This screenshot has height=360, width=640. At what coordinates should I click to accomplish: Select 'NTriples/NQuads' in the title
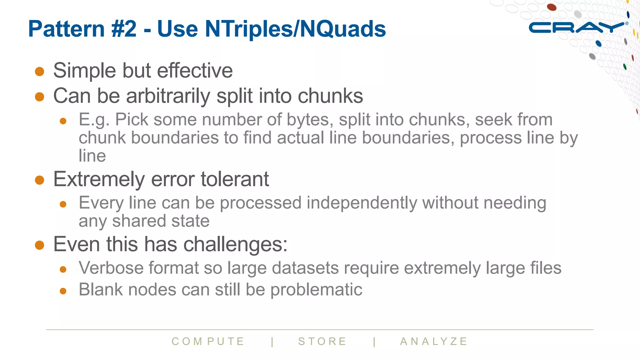[x=295, y=29]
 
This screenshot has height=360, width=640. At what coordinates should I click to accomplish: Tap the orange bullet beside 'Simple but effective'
[x=39, y=71]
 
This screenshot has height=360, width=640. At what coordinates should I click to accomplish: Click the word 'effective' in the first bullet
[x=195, y=71]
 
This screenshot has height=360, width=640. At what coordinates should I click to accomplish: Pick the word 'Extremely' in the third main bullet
[x=99, y=180]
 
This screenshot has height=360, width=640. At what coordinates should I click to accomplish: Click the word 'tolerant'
[x=235, y=179]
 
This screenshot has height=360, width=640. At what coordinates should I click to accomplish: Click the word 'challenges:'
[x=235, y=244]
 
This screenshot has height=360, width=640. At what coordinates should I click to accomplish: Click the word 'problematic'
[x=316, y=290]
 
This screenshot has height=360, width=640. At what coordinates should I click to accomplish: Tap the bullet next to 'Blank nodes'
[x=63, y=291]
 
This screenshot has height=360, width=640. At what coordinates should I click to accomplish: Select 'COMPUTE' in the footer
[x=208, y=342]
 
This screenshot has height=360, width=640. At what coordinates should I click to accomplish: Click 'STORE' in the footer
[x=322, y=342]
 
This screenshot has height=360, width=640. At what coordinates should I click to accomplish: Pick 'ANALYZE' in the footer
[x=434, y=342]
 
